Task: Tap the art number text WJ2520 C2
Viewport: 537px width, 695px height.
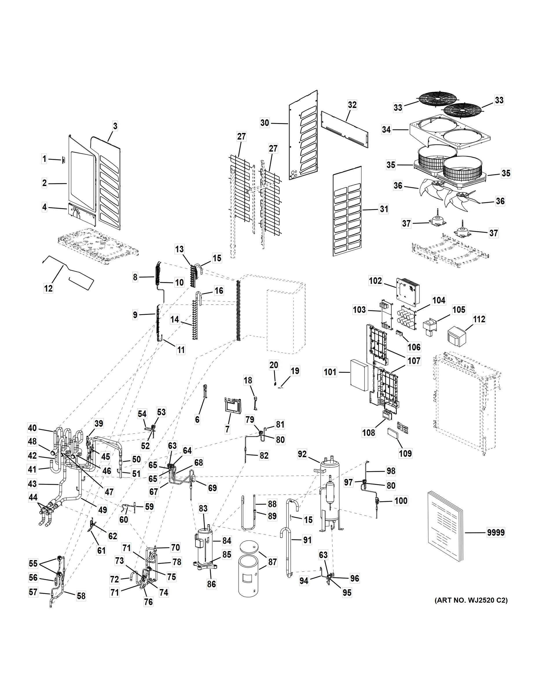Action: tap(471, 601)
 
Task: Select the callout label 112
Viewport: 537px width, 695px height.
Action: tap(479, 319)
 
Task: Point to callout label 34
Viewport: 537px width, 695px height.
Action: tap(386, 129)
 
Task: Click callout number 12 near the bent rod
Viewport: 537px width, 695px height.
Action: tap(48, 289)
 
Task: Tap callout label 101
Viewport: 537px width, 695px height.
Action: tap(330, 372)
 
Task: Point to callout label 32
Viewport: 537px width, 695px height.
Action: tap(352, 105)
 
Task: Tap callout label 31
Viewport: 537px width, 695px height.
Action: tap(384, 209)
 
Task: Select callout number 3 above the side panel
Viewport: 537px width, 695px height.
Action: tap(115, 126)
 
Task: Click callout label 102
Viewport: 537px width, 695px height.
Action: tap(375, 281)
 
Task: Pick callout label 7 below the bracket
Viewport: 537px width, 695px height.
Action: tap(227, 429)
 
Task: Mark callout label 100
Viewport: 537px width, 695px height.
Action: tap(401, 501)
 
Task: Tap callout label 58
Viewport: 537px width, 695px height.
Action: tap(81, 596)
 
